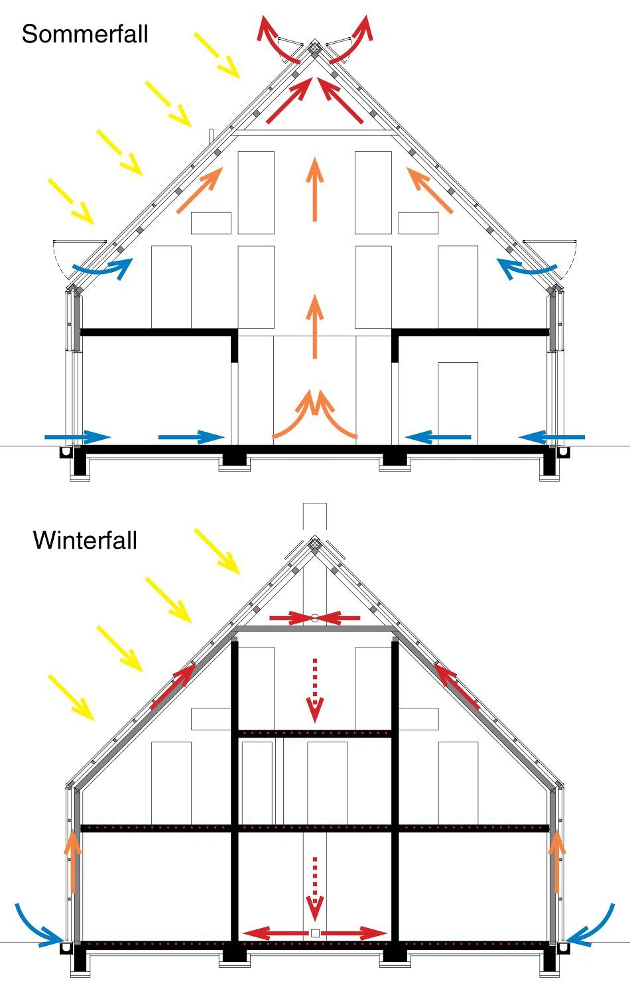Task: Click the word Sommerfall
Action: [x=85, y=34]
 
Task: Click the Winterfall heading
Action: [x=85, y=540]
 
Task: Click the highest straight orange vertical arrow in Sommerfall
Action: [x=315, y=189]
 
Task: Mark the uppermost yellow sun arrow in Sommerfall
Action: [x=217, y=55]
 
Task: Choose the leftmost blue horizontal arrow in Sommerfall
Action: [x=78, y=437]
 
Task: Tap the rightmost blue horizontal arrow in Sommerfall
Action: [x=552, y=437]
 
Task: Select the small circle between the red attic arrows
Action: [x=315, y=618]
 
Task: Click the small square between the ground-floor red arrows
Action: [x=315, y=933]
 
